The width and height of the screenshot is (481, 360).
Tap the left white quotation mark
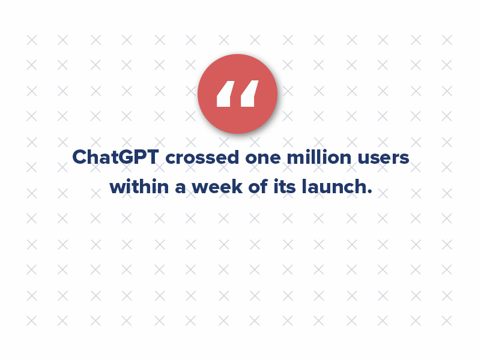[x=225, y=94]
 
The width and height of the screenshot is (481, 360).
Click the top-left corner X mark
[x=31, y=40]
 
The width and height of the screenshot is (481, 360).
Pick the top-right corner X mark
[x=446, y=40]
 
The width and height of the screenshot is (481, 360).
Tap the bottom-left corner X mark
[x=31, y=321]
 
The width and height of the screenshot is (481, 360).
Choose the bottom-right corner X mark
[x=446, y=321]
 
